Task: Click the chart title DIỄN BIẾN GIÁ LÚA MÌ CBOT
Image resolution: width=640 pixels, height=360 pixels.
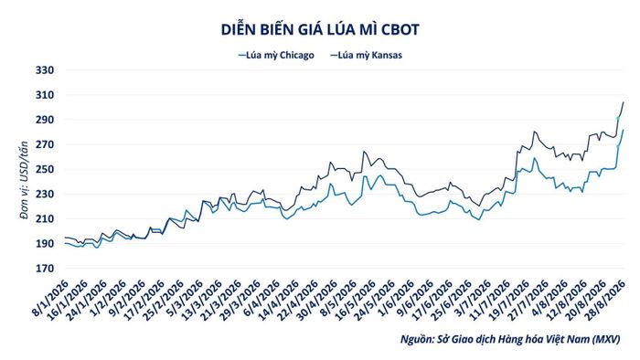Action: pyautogui.click(x=320, y=30)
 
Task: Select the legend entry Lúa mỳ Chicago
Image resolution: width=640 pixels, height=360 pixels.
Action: pyautogui.click(x=276, y=55)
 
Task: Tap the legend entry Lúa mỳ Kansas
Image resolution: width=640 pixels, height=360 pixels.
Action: pyautogui.click(x=366, y=55)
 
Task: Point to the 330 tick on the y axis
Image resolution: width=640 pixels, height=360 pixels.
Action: pyautogui.click(x=45, y=70)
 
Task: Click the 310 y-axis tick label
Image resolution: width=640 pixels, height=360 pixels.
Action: pyautogui.click(x=45, y=95)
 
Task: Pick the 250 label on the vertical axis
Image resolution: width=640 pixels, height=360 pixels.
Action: pyautogui.click(x=45, y=169)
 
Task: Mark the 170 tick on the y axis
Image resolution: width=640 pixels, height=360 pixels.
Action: pyautogui.click(x=45, y=269)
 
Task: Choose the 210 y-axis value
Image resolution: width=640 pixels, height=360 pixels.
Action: pyautogui.click(x=45, y=219)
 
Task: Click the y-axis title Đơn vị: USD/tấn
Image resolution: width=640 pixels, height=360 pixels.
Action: pyautogui.click(x=25, y=181)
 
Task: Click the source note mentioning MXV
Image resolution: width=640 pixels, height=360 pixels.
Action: pyautogui.click(x=510, y=339)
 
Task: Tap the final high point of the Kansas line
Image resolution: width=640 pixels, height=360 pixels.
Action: pyautogui.click(x=624, y=102)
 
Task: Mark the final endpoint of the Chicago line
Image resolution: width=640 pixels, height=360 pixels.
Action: pyautogui.click(x=624, y=130)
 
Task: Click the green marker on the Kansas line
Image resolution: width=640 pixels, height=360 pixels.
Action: pyautogui.click(x=618, y=119)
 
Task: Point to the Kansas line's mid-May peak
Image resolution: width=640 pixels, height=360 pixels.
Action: pyautogui.click(x=364, y=152)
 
